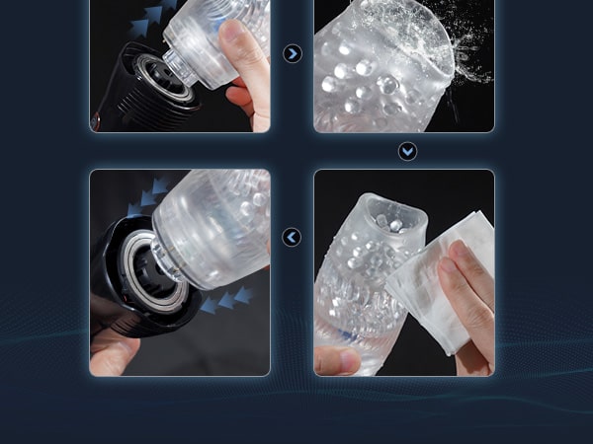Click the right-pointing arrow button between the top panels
click(293, 53)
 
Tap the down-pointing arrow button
click(407, 152)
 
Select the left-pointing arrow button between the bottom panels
click(292, 237)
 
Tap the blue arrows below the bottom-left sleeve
click(222, 301)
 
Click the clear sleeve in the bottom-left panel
click(212, 232)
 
